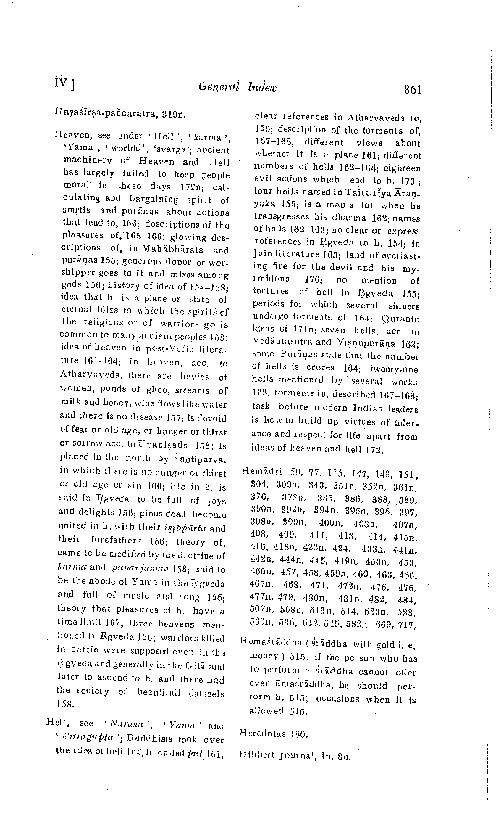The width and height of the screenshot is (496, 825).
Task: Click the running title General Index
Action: [237, 87]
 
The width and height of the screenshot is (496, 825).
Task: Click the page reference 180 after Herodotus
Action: [298, 734]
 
